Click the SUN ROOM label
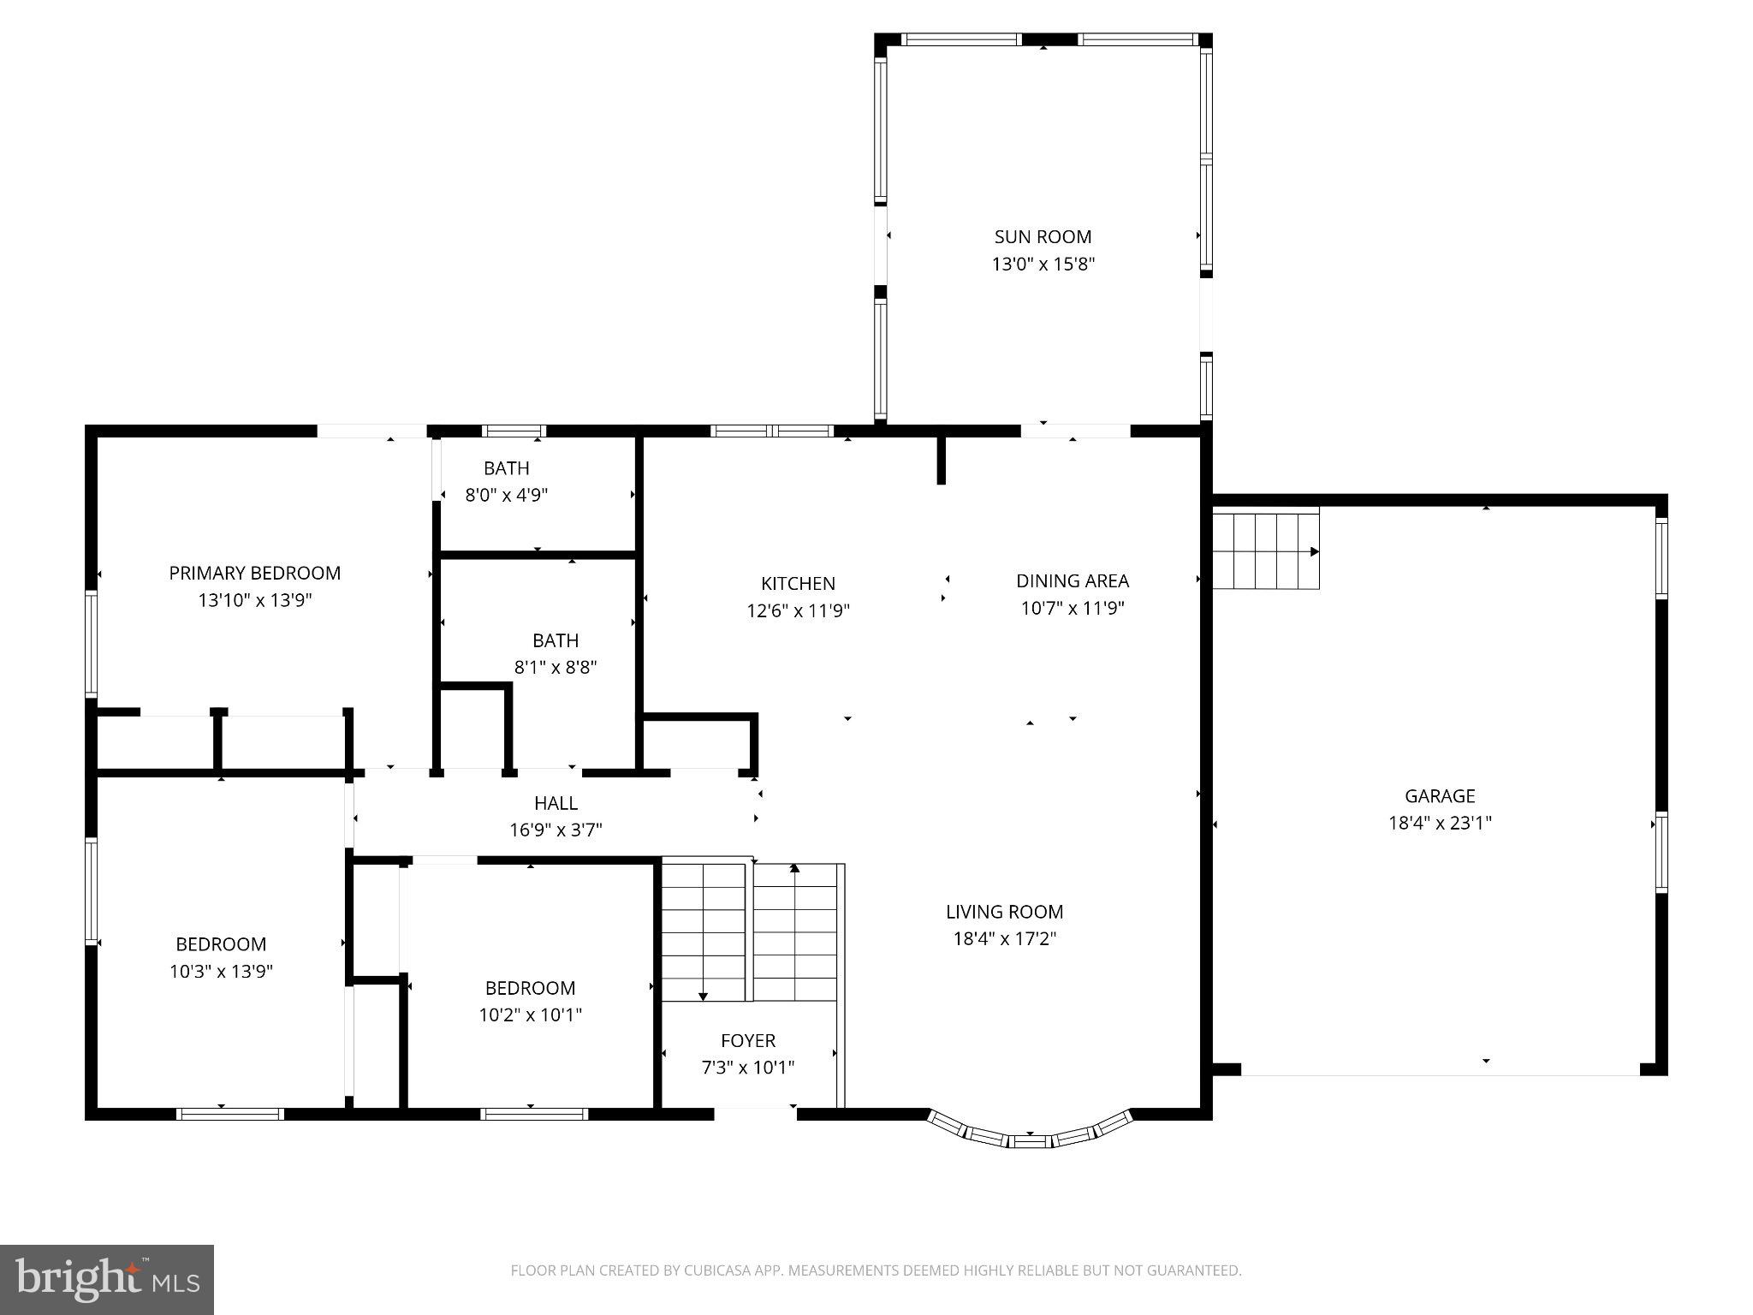click(x=1043, y=236)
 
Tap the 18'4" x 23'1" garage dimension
click(x=1440, y=823)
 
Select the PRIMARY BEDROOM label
click(x=254, y=573)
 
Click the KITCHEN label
click(x=798, y=583)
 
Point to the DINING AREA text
click(x=1072, y=580)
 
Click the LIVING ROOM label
click(x=1004, y=912)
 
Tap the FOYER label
click(x=747, y=1040)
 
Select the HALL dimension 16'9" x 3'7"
click(x=556, y=830)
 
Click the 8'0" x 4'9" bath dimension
click(x=506, y=495)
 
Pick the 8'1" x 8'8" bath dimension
click(x=555, y=667)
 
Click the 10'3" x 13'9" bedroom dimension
click(x=221, y=971)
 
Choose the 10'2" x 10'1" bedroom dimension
click(x=530, y=1015)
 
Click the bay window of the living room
click(x=1030, y=1135)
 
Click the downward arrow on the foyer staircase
click(x=703, y=996)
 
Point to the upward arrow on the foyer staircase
click(x=794, y=868)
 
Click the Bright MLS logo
click(x=107, y=1279)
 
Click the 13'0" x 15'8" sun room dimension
click(x=1043, y=264)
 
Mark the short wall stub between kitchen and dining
click(x=941, y=461)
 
